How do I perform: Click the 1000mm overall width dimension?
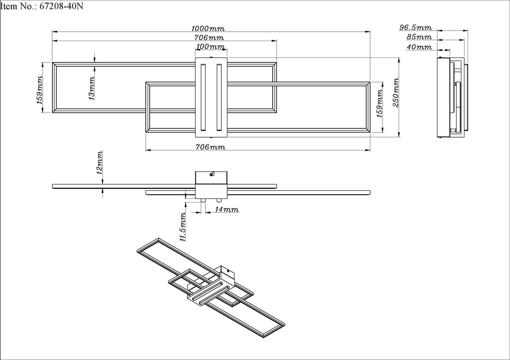pos(208,29)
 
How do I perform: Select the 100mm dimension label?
pos(210,47)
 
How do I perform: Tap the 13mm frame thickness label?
pos(91,89)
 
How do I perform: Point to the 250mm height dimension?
pos(396,93)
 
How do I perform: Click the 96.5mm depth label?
pos(415,28)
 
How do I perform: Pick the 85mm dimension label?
pos(419,37)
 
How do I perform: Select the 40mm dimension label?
pos(419,47)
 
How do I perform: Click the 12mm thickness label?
pos(100,163)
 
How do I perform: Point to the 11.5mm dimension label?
pos(182,227)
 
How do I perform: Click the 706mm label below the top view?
pos(210,147)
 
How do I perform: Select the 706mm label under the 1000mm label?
pos(209,38)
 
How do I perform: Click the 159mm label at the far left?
pos(40,90)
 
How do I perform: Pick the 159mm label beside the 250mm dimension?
pos(379,103)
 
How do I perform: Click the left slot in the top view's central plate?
pos(203,97)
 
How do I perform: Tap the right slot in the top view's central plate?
pos(219,97)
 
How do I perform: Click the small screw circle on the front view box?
pos(211,174)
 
